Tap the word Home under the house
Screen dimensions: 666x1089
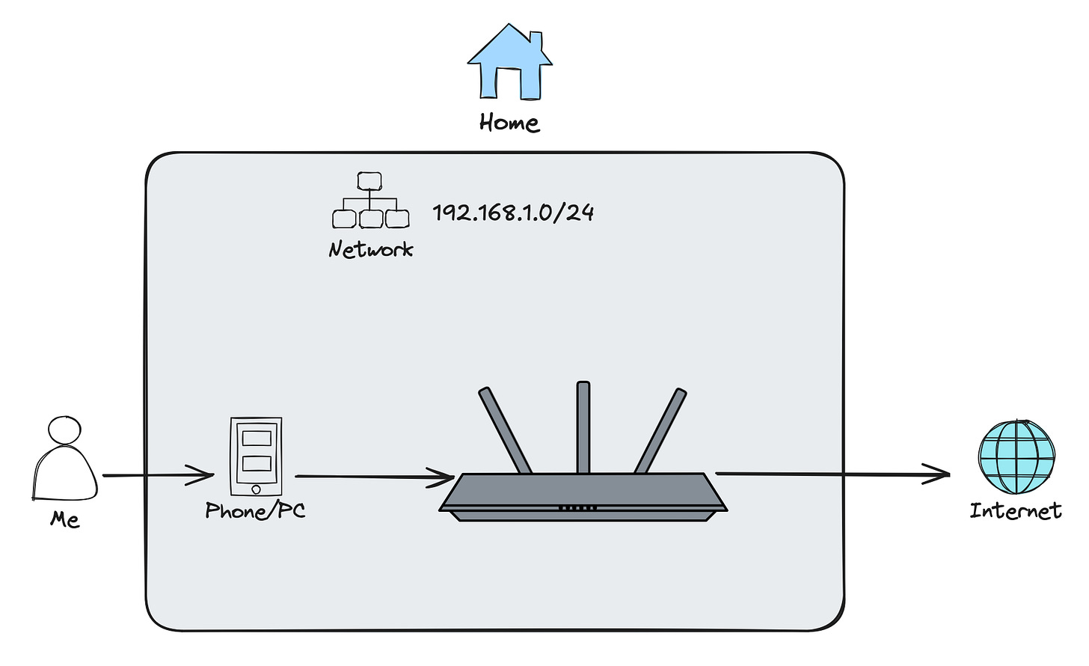click(x=509, y=123)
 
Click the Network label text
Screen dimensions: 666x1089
click(x=371, y=249)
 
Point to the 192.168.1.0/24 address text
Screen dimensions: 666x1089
click(x=513, y=213)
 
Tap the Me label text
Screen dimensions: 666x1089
click(x=65, y=519)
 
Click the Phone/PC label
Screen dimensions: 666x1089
click(x=256, y=511)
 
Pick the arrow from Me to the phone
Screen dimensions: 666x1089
click(x=157, y=475)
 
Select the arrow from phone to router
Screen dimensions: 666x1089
click(x=374, y=477)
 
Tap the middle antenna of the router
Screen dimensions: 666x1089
click(x=583, y=427)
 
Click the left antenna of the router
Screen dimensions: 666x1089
click(x=505, y=430)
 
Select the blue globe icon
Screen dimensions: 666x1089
click(x=1016, y=457)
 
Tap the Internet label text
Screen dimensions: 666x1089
click(x=1016, y=511)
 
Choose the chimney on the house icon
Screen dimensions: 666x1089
click(x=536, y=40)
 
